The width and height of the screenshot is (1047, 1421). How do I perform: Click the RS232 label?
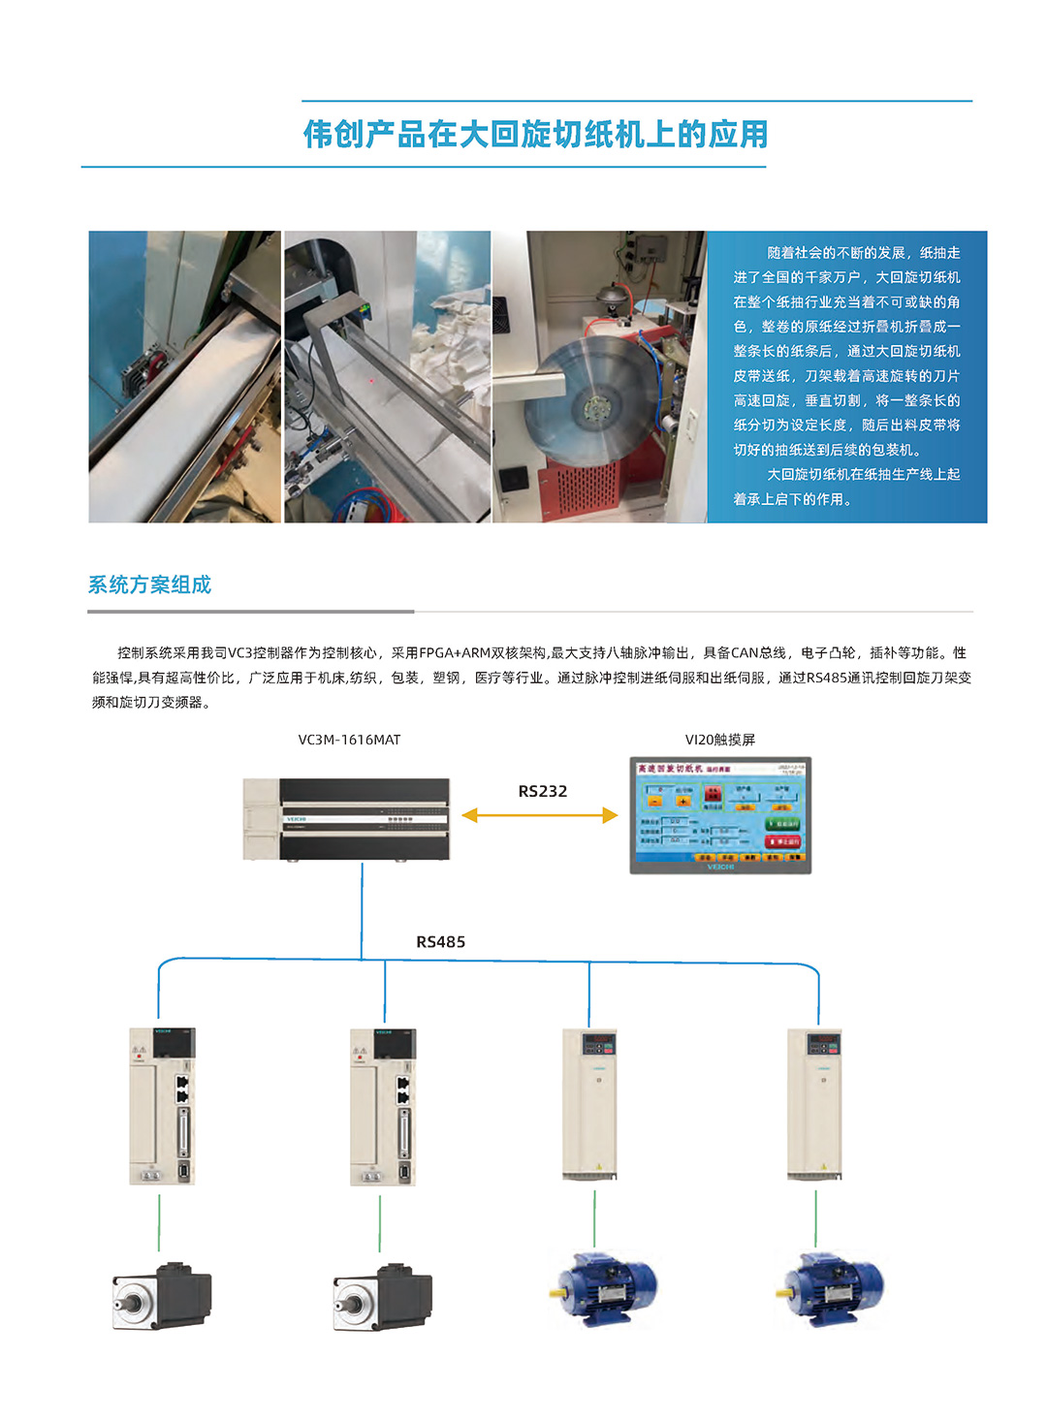[542, 791]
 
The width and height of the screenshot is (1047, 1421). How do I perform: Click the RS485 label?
[440, 942]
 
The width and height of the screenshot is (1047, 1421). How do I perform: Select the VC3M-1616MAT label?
[349, 740]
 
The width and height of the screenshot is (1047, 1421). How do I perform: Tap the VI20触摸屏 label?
[719, 740]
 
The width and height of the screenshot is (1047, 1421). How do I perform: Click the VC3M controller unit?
[347, 819]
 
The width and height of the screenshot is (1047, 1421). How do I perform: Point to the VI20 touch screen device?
[719, 815]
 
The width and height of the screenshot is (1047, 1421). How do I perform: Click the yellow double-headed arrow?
[539, 815]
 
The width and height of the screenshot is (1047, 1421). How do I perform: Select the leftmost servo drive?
[162, 1106]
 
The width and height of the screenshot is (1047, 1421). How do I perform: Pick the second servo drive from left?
[383, 1106]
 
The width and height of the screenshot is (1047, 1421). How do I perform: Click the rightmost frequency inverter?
[814, 1104]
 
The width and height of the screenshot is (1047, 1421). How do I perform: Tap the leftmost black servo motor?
[161, 1297]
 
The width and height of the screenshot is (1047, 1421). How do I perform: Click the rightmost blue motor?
[831, 1288]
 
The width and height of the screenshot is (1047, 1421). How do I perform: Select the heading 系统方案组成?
[149, 584]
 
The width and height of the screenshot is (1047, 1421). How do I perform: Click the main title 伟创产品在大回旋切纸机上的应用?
[535, 134]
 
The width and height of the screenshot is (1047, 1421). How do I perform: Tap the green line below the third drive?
[594, 1218]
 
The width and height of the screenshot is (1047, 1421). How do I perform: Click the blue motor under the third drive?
[604, 1288]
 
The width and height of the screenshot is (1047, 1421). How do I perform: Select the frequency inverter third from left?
[589, 1104]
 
